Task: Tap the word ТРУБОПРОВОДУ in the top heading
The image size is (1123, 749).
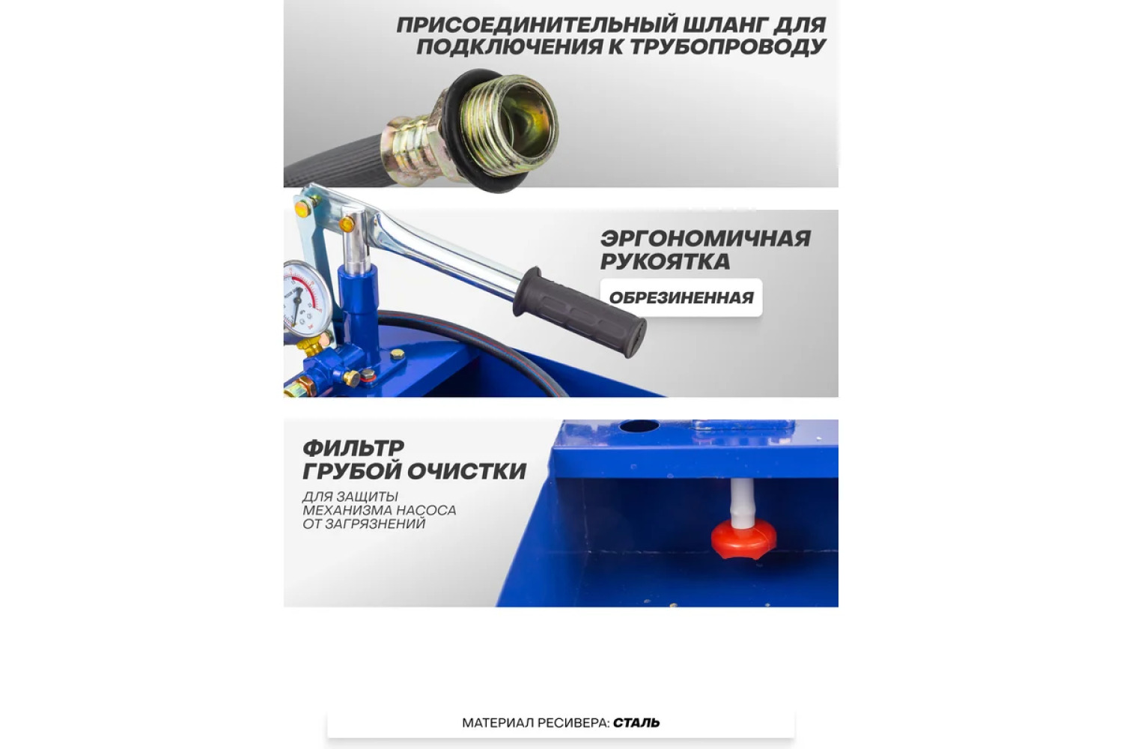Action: [728, 46]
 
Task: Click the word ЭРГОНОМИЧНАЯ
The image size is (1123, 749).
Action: [705, 238]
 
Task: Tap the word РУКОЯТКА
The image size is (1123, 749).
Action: [665, 261]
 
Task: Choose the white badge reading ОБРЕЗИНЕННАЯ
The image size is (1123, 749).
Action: [681, 297]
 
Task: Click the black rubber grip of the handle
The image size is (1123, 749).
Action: [580, 312]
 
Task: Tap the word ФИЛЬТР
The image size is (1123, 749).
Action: [353, 448]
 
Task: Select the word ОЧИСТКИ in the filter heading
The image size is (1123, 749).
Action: [466, 471]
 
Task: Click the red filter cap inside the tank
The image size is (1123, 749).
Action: [744, 539]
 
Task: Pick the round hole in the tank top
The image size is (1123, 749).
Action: [639, 426]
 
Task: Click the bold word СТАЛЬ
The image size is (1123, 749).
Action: [636, 723]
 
